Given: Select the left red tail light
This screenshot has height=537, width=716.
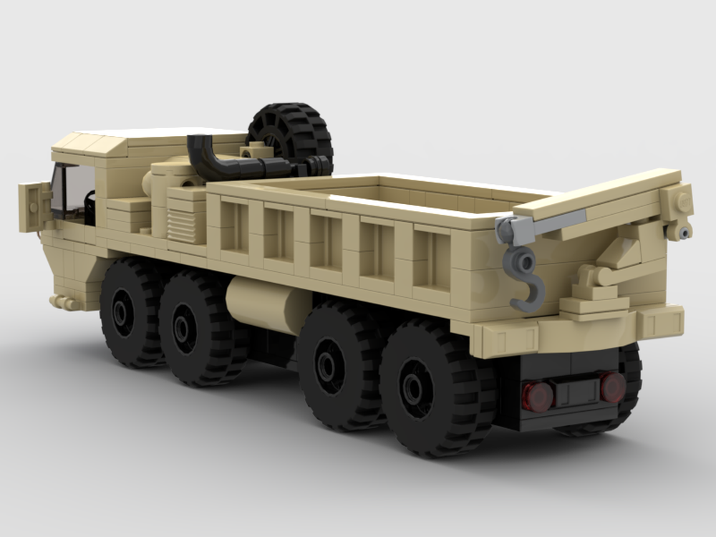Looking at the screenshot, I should (538, 396).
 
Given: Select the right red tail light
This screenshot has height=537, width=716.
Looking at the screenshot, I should (612, 387).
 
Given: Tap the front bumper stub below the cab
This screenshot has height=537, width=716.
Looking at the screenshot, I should (65, 302).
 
